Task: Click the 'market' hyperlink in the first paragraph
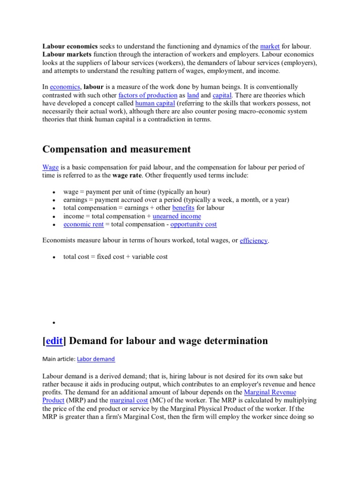coord(270,46)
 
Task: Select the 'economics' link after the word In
coord(65,87)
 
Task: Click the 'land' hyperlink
coord(193,95)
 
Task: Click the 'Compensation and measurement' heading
coord(117,149)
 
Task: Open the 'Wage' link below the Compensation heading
coord(50,167)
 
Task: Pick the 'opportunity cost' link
coord(194,225)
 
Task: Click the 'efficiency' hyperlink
coord(254,240)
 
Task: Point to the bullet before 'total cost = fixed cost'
coord(54,257)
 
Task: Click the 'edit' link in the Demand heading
coord(54,341)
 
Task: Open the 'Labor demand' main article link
coord(96,359)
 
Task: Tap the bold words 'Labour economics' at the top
coord(70,46)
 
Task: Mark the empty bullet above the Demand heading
coord(54,323)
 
